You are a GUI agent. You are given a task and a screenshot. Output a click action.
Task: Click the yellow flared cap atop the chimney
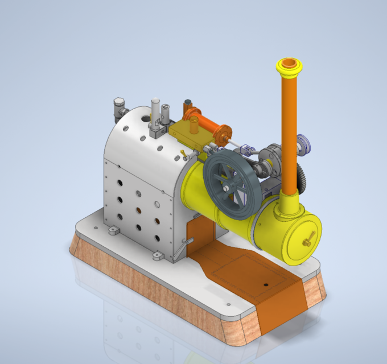click(289, 68)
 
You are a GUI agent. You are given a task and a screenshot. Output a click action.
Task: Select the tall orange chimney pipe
click(288, 136)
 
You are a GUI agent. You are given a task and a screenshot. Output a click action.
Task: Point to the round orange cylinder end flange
click(222, 135)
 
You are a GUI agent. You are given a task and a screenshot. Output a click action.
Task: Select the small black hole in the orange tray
click(265, 283)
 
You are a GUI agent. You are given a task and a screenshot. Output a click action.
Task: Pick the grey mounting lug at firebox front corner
click(157, 256)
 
